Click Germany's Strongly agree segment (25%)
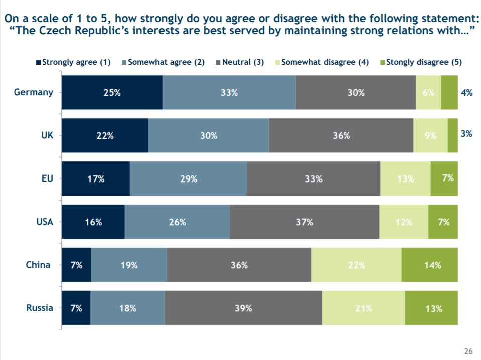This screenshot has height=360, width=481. coord(111,92)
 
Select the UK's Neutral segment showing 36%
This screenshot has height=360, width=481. coord(341,135)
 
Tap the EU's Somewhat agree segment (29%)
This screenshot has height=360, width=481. coord(188,178)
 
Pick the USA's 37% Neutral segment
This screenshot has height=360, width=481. coord(304,222)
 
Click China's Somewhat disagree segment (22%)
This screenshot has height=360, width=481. coord(356,265)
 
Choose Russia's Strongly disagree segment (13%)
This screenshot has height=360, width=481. coord(431,308)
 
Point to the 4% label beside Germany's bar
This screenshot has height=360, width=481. coord(466,92)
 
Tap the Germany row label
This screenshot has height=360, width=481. coord(34,92)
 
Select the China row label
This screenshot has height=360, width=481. coord(38,265)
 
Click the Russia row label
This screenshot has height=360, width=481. coord(40,308)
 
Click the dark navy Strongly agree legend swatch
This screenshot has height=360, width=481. coord(38,63)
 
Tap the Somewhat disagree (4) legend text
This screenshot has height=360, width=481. coord(325,63)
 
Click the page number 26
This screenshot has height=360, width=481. coord(468,351)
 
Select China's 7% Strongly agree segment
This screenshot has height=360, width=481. coord(76,265)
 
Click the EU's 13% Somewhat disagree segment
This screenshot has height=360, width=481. coord(405,178)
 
